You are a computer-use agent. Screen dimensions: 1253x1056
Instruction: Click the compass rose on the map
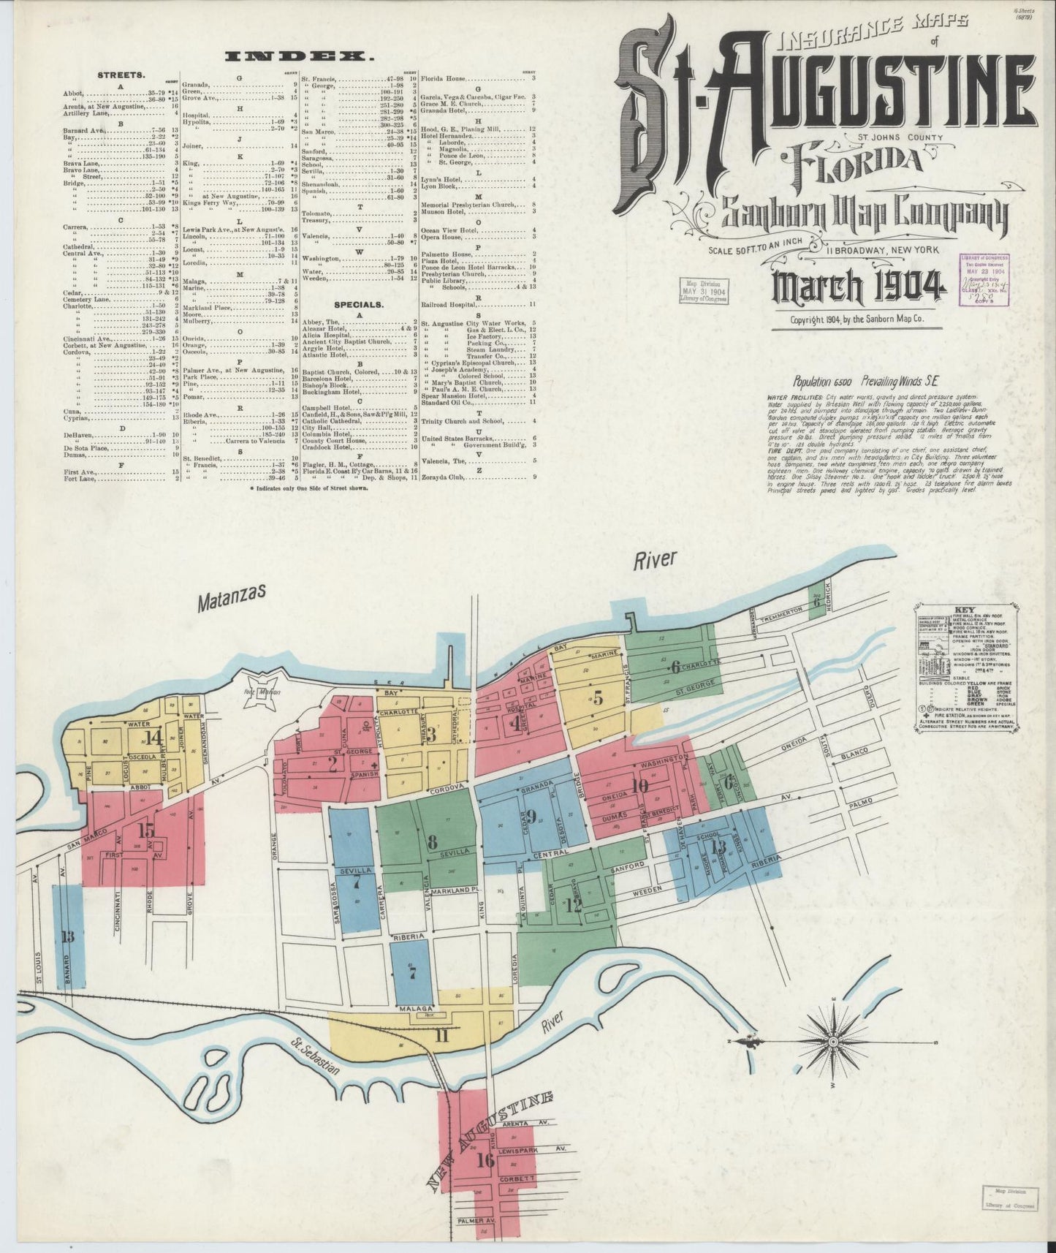[x=833, y=1040]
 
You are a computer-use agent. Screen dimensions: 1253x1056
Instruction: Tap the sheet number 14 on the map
[x=153, y=737]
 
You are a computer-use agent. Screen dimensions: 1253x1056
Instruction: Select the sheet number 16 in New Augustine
[x=485, y=1159]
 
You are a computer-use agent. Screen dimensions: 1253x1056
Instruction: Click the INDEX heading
[x=304, y=56]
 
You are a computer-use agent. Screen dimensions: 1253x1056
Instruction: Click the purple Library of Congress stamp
[x=984, y=276]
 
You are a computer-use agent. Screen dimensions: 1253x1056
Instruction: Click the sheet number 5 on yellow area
[x=598, y=697]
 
